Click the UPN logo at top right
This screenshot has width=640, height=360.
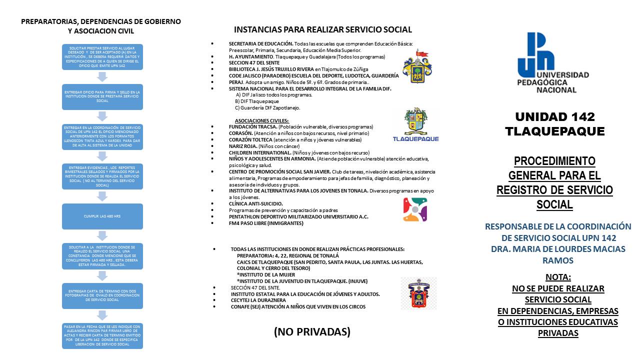pyautogui.click(x=553, y=62)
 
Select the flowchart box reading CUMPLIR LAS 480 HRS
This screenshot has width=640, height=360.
pyautogui.click(x=102, y=216)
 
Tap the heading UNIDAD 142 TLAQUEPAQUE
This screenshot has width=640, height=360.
pyautogui.click(x=554, y=124)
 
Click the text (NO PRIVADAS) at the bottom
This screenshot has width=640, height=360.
pyautogui.click(x=312, y=331)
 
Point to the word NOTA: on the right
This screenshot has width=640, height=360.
pyautogui.click(x=558, y=277)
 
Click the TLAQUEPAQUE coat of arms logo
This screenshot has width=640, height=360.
pyautogui.click(x=416, y=125)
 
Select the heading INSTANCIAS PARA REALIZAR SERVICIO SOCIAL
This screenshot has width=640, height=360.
pyautogui.click(x=322, y=29)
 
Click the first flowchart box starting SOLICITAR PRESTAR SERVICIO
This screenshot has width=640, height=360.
pyautogui.click(x=102, y=57)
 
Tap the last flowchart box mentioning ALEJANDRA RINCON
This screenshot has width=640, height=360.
pyautogui.click(x=102, y=336)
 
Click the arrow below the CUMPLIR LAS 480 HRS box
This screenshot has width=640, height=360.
pyautogui.click(x=102, y=236)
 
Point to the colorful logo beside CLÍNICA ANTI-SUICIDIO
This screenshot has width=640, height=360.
pyautogui.click(x=414, y=209)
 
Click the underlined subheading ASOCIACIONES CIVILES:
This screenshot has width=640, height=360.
pyautogui.click(x=261, y=120)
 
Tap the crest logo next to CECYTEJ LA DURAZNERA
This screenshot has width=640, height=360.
pyautogui.click(x=418, y=293)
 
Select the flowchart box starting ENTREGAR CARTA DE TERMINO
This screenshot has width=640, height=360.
pyautogui.click(x=102, y=295)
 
